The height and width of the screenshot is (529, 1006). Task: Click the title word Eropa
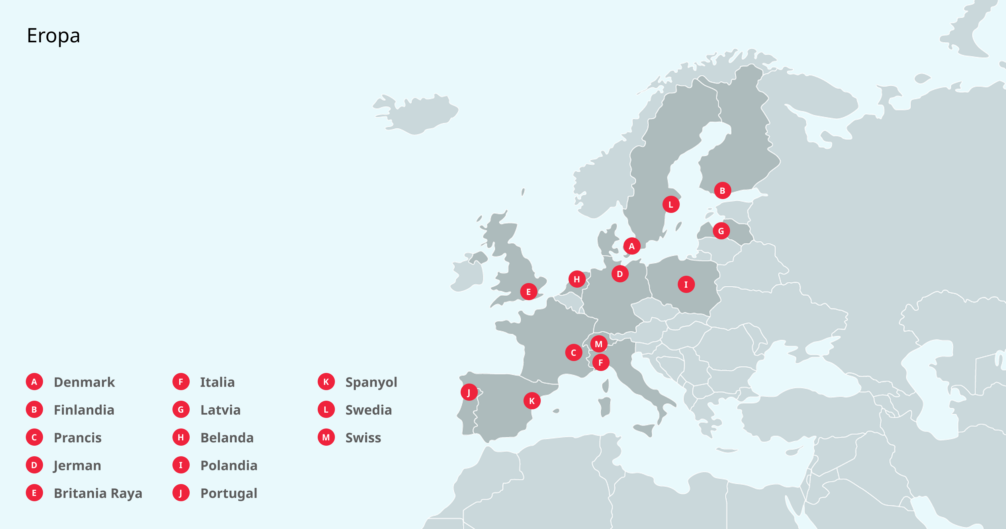click(x=54, y=36)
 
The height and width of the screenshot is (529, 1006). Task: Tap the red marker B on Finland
click(x=722, y=190)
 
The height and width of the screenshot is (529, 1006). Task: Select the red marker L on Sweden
click(x=670, y=204)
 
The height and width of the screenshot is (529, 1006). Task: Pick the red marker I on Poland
click(x=686, y=284)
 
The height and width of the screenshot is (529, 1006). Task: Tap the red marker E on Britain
click(x=528, y=291)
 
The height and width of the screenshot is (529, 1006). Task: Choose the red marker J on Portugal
click(x=469, y=392)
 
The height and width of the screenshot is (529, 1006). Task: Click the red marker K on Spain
click(x=531, y=401)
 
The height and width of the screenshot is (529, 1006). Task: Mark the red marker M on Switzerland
click(x=598, y=344)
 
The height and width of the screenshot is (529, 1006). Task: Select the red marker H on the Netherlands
click(x=576, y=279)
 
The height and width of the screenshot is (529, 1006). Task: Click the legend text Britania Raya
click(x=98, y=493)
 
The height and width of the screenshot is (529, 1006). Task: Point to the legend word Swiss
click(x=363, y=438)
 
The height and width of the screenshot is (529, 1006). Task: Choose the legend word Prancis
click(x=77, y=438)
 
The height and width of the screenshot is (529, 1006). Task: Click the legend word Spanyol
click(x=371, y=382)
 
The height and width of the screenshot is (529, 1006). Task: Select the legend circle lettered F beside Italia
click(x=181, y=382)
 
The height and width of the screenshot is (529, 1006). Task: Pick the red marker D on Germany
click(x=620, y=274)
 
